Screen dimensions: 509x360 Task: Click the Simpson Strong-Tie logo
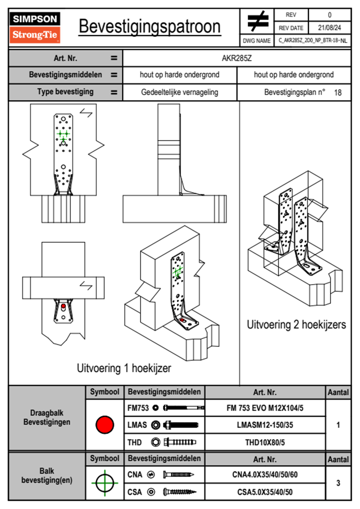click(35, 28)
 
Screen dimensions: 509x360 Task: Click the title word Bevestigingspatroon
click(149, 27)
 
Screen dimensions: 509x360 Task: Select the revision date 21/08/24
click(329, 28)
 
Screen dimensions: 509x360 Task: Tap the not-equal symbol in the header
click(257, 21)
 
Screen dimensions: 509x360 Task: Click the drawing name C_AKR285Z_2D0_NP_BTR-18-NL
click(313, 41)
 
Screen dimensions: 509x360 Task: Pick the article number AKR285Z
click(237, 58)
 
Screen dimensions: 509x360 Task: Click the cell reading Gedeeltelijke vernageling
click(179, 92)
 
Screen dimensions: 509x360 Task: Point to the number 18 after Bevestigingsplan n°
click(338, 93)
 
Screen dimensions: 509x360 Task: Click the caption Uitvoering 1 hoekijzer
click(124, 368)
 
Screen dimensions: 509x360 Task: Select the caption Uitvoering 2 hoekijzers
click(296, 325)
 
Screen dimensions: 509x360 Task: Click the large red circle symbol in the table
click(105, 425)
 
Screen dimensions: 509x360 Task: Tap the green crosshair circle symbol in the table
click(105, 483)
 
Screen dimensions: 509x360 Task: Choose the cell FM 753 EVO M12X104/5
click(265, 408)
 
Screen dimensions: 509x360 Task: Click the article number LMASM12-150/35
click(265, 425)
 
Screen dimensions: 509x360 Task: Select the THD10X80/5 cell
click(265, 442)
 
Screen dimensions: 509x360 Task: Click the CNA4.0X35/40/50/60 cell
click(265, 475)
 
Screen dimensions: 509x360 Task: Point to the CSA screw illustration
click(179, 492)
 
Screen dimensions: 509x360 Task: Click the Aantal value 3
click(338, 483)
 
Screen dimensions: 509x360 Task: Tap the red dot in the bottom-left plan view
click(63, 306)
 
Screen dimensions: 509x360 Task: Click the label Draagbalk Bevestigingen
click(47, 417)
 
